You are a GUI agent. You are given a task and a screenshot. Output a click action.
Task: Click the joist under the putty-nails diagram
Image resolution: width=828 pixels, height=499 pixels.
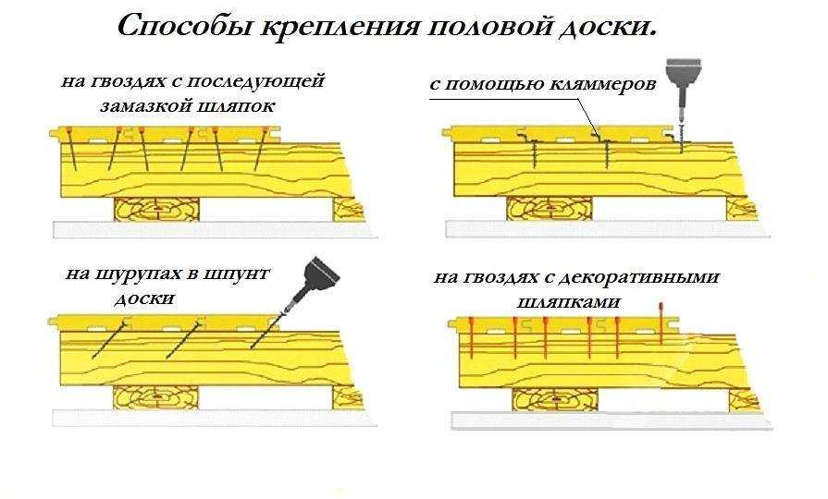tap(157, 209)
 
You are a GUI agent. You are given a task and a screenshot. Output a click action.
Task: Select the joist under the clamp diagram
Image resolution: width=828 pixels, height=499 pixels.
tap(550, 209)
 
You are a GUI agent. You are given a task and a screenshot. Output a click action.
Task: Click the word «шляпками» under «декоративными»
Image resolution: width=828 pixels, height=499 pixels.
tap(581, 301)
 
